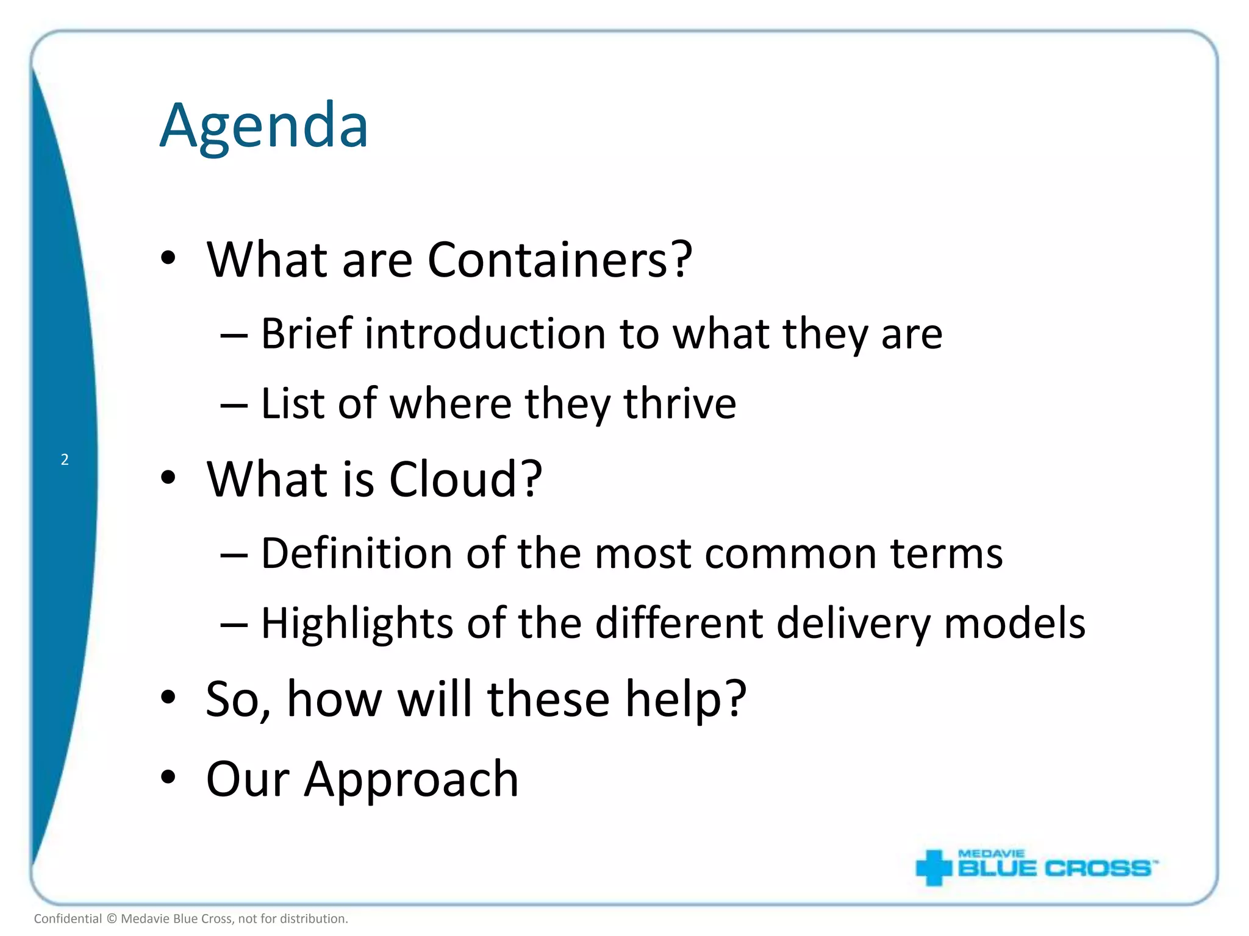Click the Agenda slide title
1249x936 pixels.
(263, 126)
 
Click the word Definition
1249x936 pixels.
(356, 553)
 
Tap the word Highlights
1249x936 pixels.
(357, 624)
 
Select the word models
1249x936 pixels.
(1014, 623)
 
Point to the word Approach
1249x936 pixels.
(412, 780)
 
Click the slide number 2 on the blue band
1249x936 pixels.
(65, 459)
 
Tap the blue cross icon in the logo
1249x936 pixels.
(933, 867)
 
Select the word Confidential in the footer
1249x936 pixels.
(68, 919)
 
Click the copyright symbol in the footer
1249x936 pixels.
(112, 919)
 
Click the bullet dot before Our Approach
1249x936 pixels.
(168, 778)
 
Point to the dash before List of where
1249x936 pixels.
(234, 405)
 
